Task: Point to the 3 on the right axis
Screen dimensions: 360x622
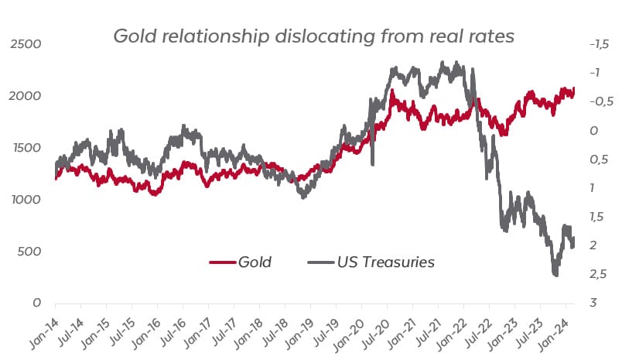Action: pos(592,303)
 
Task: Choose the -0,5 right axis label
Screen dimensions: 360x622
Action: pos(599,101)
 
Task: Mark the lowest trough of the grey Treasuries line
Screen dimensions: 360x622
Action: pos(555,274)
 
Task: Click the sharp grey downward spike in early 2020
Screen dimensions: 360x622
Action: pos(373,163)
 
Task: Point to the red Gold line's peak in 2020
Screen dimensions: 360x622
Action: pos(392,92)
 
